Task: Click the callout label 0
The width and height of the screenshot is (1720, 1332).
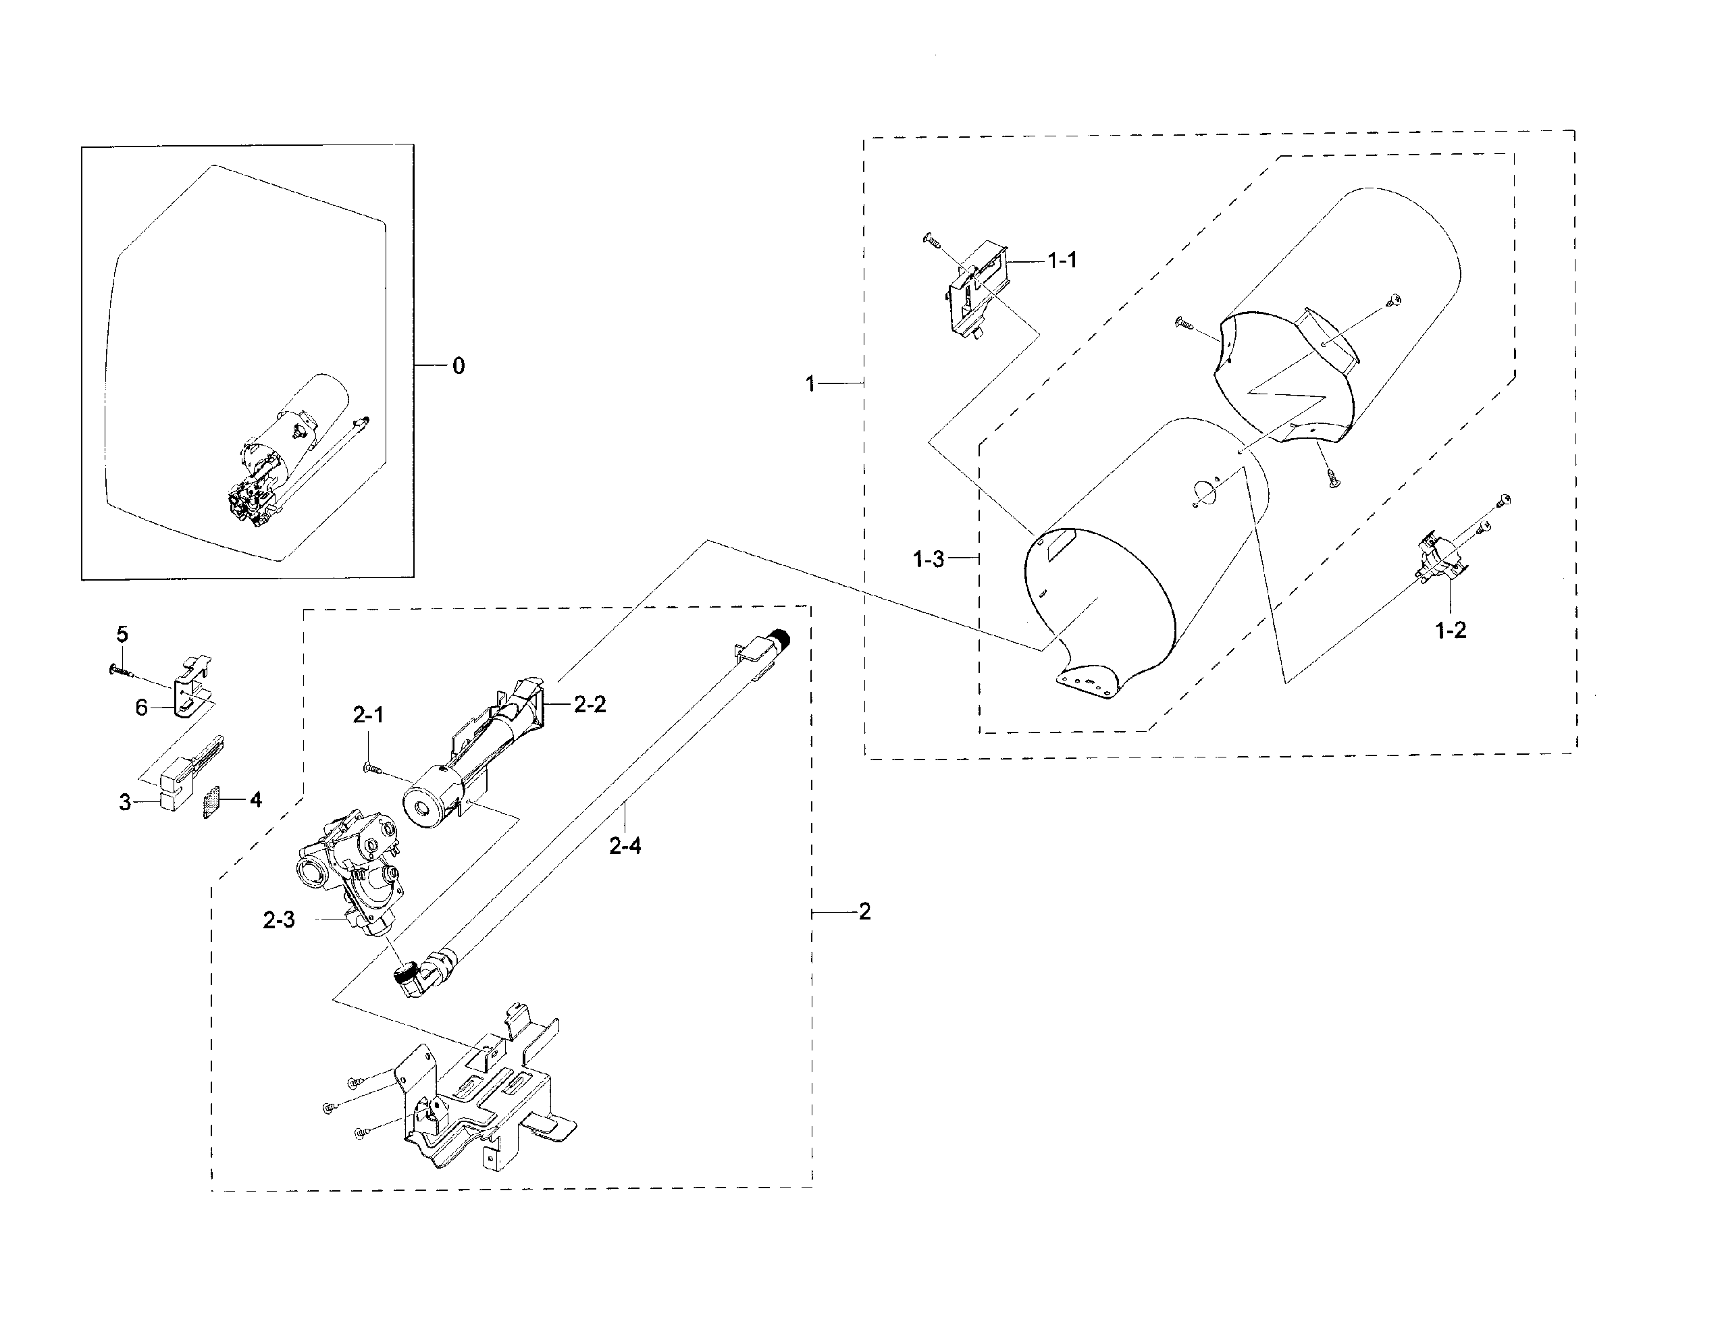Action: pyautogui.click(x=459, y=366)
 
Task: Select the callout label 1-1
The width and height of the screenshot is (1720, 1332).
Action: pyautogui.click(x=1062, y=261)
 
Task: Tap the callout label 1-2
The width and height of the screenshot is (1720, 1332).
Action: pyautogui.click(x=1451, y=631)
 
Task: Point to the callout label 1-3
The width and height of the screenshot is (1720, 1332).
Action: pyautogui.click(x=928, y=560)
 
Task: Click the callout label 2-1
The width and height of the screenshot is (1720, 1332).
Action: pyautogui.click(x=368, y=715)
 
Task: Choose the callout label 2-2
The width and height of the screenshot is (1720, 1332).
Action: pyautogui.click(x=589, y=705)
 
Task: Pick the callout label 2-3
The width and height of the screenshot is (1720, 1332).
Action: pyautogui.click(x=279, y=920)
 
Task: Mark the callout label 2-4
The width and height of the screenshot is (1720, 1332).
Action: pyautogui.click(x=625, y=847)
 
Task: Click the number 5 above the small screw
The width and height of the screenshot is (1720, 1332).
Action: pyautogui.click(x=122, y=634)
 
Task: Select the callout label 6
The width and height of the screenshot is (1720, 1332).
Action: pyautogui.click(x=141, y=708)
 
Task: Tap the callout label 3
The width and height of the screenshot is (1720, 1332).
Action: pyautogui.click(x=124, y=803)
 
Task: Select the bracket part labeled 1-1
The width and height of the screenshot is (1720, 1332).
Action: pyautogui.click(x=976, y=291)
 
